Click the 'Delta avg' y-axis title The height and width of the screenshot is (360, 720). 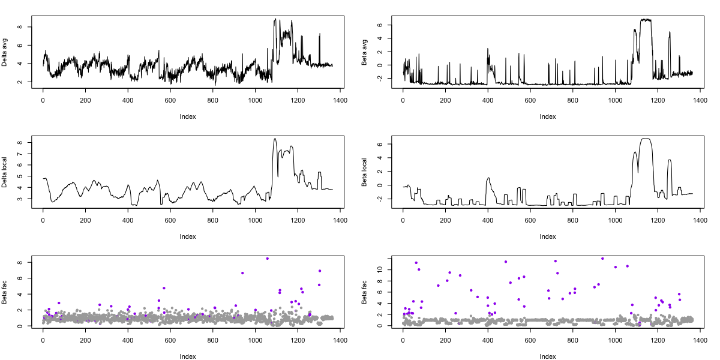pyautogui.click(x=5, y=52)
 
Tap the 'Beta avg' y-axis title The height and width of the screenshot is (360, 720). pyautogui.click(x=365, y=52)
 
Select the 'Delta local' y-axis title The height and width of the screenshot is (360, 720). pyautogui.click(x=5, y=172)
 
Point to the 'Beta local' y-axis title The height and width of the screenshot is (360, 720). pyautogui.click(x=365, y=172)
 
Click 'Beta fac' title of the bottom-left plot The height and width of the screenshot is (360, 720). pyautogui.click(x=5, y=292)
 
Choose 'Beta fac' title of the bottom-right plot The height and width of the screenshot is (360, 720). pyautogui.click(x=365, y=292)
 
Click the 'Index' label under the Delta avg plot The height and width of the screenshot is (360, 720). pyautogui.click(x=187, y=116)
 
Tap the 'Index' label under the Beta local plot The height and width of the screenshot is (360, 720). pyautogui.click(x=547, y=236)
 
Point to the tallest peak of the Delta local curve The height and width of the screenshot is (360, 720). pyautogui.click(x=275, y=139)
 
